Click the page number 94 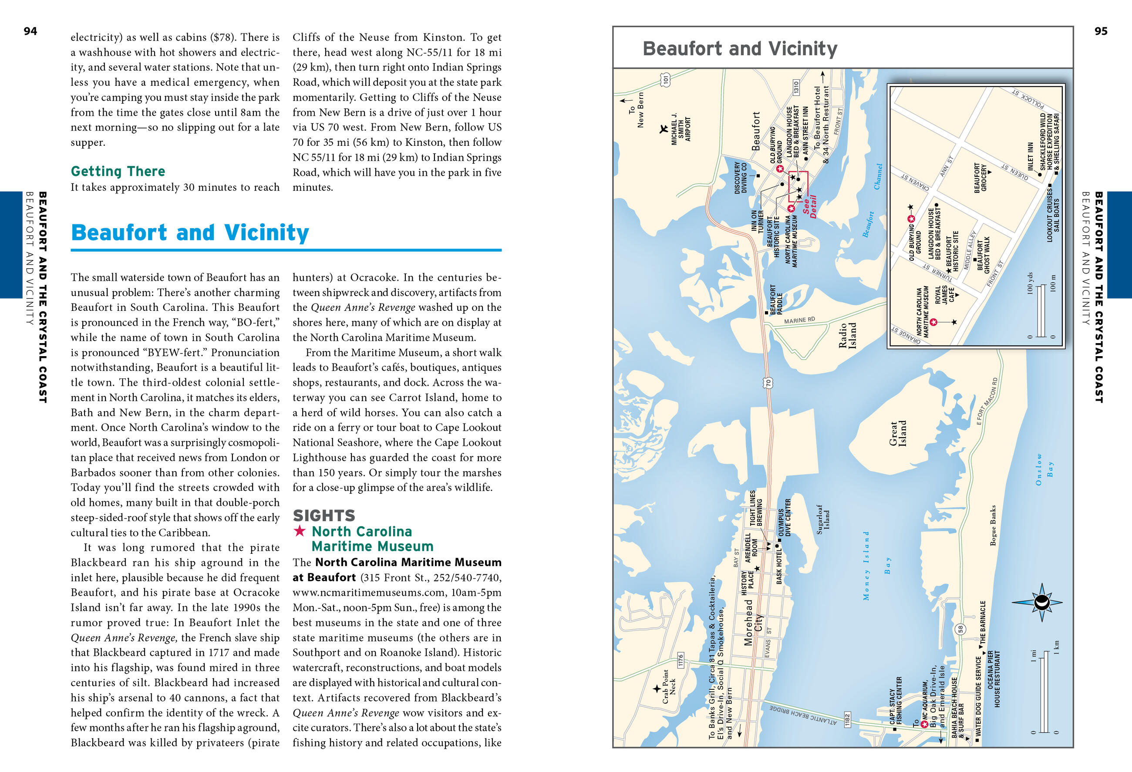click(x=30, y=31)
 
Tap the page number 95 click(x=1101, y=31)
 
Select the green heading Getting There click(x=118, y=172)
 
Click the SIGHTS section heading click(x=324, y=515)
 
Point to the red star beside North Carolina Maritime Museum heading click(x=300, y=531)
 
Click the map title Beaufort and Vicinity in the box click(x=740, y=49)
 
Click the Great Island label click(x=897, y=434)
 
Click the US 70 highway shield click(x=768, y=383)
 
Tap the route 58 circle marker click(x=960, y=629)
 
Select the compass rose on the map click(x=1042, y=603)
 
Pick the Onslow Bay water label click(x=1044, y=469)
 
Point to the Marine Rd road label click(x=799, y=320)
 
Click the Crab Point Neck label click(x=669, y=687)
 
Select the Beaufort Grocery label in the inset click(x=980, y=178)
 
